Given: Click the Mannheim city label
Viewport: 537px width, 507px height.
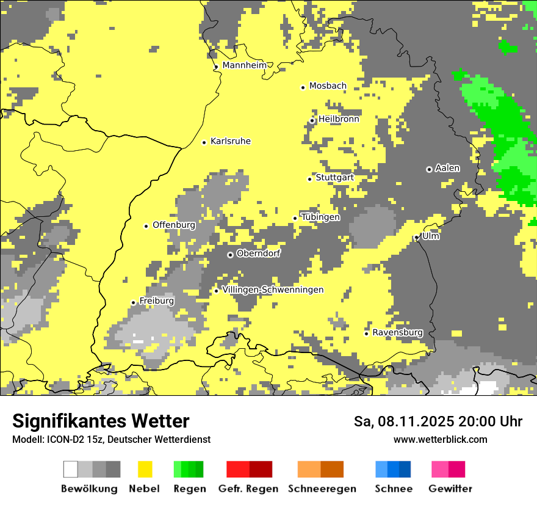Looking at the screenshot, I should (245, 65).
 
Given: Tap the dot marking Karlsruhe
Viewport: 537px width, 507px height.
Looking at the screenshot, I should (204, 142).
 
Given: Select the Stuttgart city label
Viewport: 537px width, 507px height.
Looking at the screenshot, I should (335, 178).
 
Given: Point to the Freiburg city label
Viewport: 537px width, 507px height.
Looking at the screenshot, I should (156, 301).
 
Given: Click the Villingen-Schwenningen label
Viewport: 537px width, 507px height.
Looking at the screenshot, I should (273, 290).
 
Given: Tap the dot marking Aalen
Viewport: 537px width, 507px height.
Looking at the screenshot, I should (429, 169).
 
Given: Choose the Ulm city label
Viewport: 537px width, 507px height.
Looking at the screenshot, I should (431, 236).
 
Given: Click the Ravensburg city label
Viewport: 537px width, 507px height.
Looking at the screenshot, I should (397, 333).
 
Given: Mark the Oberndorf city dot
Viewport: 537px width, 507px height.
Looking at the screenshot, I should (230, 255).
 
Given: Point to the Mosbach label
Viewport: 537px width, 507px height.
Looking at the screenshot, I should (328, 86).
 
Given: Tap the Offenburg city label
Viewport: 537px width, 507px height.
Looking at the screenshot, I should (174, 225).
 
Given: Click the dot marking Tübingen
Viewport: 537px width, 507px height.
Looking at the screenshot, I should (295, 218).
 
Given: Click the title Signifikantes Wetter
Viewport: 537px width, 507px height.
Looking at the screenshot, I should (101, 421).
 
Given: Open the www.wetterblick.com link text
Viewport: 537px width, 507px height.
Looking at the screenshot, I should (440, 440).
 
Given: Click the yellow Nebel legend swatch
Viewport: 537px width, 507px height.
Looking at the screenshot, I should (145, 469).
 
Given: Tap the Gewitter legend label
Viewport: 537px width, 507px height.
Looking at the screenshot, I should (450, 489).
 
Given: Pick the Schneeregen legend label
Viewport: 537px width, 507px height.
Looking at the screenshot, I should (322, 489).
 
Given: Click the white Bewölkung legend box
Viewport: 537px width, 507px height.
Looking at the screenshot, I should (71, 469).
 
